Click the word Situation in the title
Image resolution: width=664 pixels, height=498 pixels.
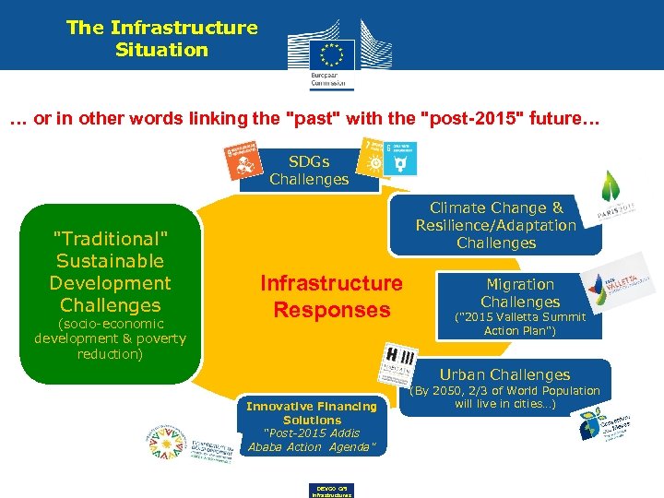161,50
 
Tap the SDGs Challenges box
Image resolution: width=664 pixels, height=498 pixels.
309,170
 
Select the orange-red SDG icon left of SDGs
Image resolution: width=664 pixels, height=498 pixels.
243,160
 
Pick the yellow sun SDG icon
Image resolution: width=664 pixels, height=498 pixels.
373,159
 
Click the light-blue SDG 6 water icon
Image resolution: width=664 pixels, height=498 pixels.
400,159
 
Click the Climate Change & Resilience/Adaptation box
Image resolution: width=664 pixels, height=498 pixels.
496,226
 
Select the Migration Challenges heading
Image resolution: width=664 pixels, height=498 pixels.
520,293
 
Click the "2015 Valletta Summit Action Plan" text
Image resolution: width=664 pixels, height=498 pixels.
520,324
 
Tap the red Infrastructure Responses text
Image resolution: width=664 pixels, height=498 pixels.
331,296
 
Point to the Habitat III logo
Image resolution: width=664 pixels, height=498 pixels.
400,363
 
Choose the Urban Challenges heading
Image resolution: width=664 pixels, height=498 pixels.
504,374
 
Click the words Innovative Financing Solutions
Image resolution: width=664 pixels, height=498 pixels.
312,412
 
